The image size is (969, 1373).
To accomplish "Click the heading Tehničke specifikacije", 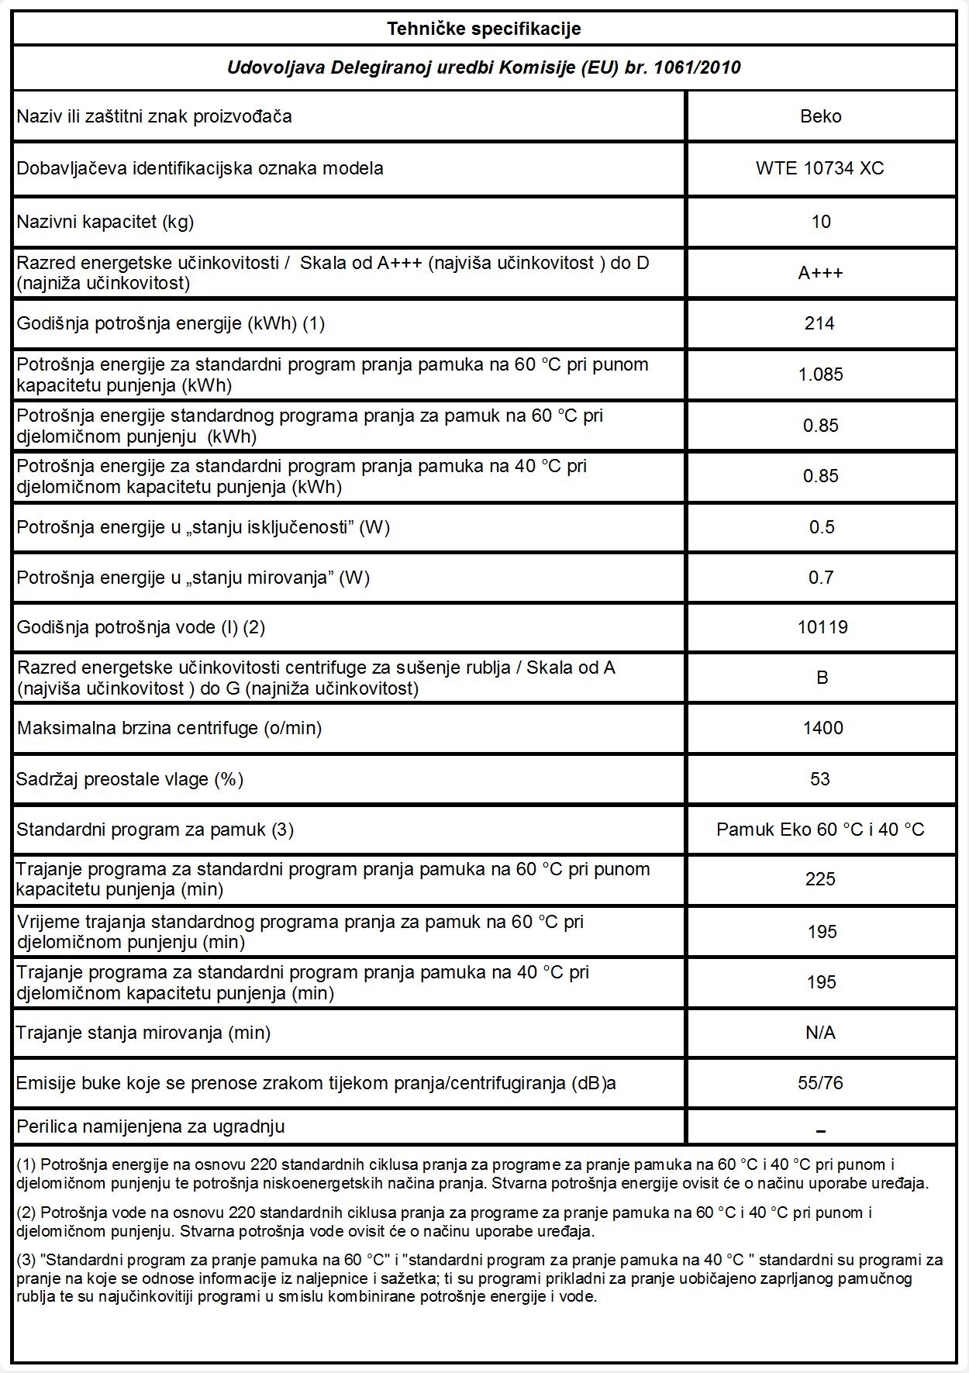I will click(484, 29).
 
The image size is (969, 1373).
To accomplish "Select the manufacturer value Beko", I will click(820, 116).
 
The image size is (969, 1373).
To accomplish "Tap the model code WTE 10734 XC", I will click(819, 168).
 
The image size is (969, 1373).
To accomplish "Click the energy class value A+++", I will click(820, 273).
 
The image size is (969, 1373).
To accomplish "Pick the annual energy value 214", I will click(819, 323).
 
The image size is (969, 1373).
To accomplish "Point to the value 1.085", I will click(820, 374).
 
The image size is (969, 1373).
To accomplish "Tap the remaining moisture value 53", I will click(819, 778).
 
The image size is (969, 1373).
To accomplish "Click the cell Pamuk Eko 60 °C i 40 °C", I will click(820, 830).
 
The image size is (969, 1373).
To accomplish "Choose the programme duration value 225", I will click(820, 879).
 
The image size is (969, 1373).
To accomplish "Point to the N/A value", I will click(820, 1033).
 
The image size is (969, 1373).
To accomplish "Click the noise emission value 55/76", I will click(820, 1082).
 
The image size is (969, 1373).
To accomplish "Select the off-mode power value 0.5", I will click(821, 527).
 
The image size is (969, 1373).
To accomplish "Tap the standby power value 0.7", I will click(820, 578).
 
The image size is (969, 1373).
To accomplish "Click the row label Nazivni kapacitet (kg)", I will click(105, 222).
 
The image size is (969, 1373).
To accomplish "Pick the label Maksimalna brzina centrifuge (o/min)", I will click(169, 728).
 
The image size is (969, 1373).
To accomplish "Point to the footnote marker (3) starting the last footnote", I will click(26, 1260).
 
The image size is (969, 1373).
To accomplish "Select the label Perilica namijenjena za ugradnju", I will click(150, 1126).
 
